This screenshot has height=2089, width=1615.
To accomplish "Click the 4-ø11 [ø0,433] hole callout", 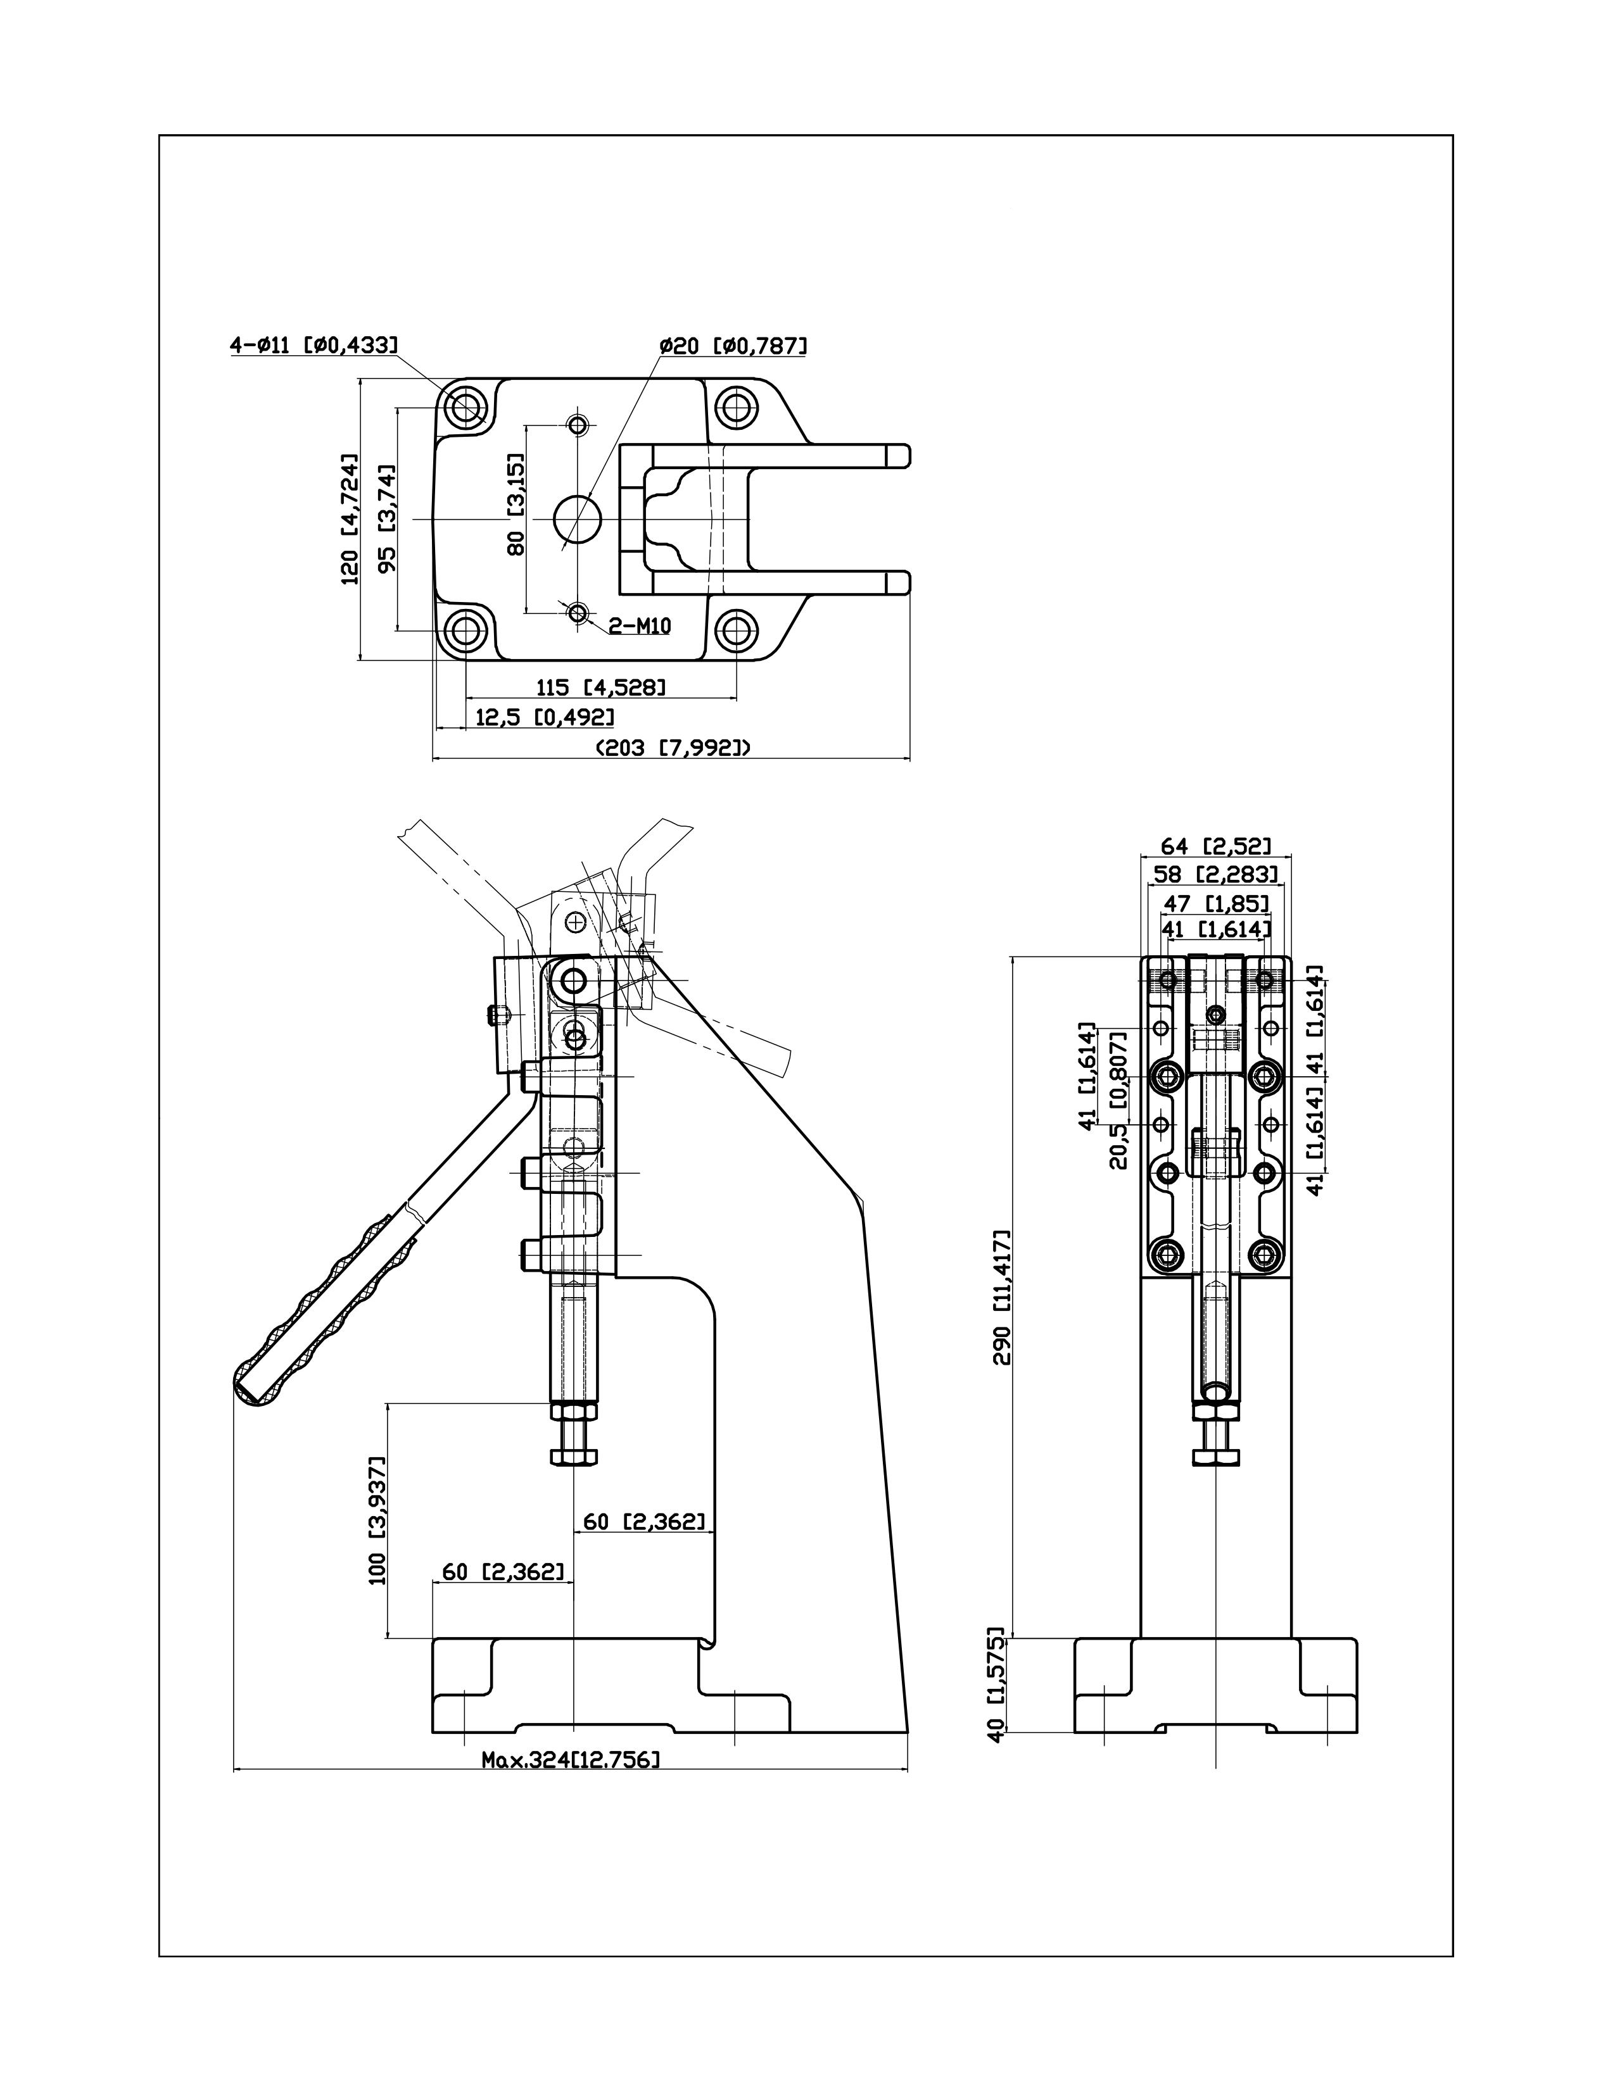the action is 313,344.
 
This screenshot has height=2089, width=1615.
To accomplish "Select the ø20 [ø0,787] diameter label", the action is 733,344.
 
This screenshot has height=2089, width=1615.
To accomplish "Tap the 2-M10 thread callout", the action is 640,627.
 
